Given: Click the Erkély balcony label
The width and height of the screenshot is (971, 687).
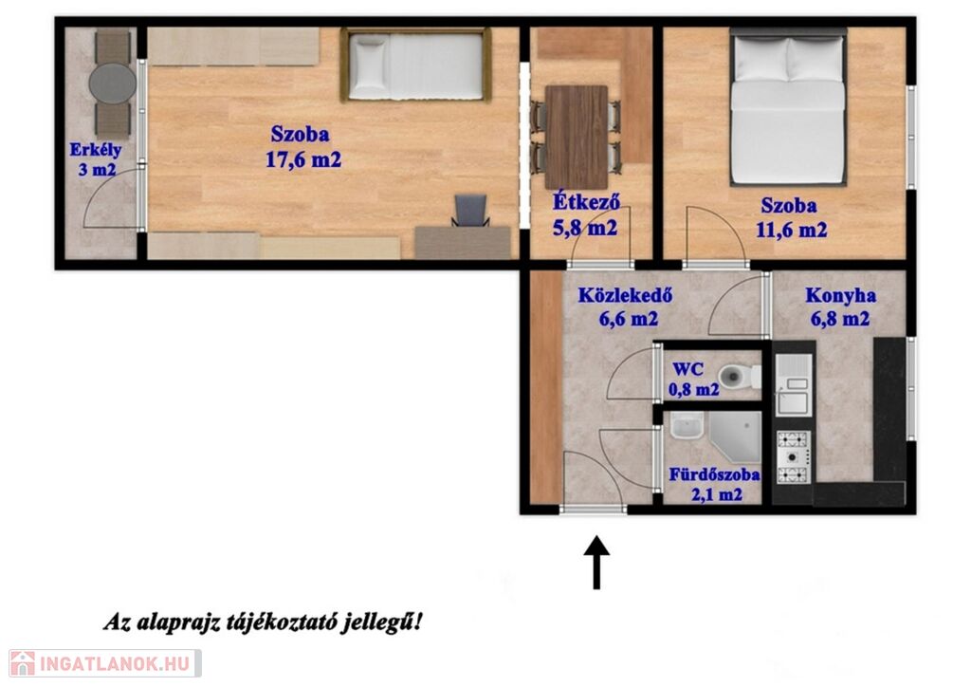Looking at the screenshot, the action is [x=96, y=150].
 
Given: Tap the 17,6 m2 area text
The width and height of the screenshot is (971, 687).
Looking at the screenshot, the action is [x=303, y=159].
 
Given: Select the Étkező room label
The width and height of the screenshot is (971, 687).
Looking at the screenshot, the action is [x=586, y=203].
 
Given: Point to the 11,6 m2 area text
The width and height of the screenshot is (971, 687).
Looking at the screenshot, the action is [x=792, y=231].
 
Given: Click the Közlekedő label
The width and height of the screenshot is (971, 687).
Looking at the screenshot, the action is [x=626, y=295].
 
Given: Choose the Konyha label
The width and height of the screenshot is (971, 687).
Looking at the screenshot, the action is [x=840, y=295].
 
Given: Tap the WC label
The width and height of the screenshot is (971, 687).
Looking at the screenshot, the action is [x=688, y=370].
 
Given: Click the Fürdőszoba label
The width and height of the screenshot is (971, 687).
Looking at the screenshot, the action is [x=715, y=475].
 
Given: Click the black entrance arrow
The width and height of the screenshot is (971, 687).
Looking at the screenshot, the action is [x=597, y=563].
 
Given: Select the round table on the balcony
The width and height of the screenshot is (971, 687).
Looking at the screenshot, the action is [x=113, y=83].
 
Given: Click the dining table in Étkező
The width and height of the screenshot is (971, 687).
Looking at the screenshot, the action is [x=577, y=137].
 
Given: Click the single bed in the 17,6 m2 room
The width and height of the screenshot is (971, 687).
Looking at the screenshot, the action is [x=415, y=65].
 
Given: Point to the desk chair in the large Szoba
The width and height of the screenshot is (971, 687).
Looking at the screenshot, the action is [x=470, y=211].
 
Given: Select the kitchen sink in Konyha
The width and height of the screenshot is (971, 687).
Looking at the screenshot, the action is [x=794, y=384].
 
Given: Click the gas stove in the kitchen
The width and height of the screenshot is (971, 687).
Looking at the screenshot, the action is [x=794, y=457].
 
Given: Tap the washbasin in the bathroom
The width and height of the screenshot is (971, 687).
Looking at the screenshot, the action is [x=687, y=426].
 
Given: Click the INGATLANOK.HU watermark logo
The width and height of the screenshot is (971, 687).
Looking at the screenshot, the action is [x=104, y=663].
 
